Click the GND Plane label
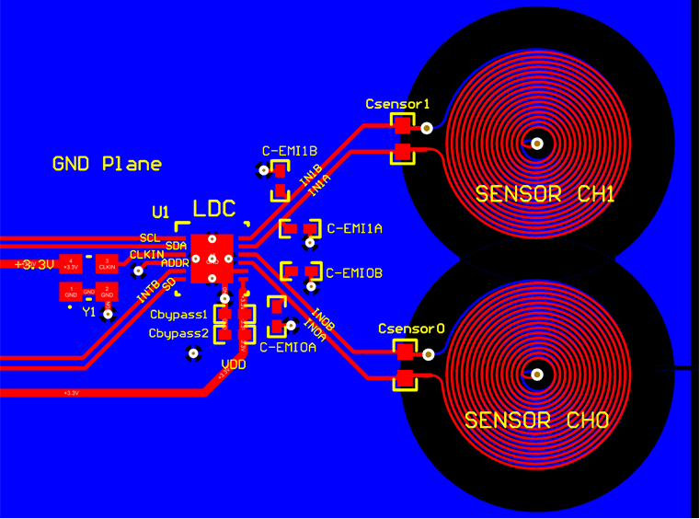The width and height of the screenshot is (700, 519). (107, 165)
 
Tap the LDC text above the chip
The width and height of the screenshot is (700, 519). (213, 209)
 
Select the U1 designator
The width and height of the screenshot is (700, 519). (161, 213)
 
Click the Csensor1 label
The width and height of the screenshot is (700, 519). (397, 104)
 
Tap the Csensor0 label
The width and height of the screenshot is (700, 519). (411, 329)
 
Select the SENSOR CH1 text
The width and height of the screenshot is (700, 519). (545, 194)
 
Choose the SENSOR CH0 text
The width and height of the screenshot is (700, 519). (536, 421)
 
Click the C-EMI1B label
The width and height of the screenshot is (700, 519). (290, 150)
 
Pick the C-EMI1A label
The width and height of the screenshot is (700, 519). (355, 227)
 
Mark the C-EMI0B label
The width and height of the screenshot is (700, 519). (355, 273)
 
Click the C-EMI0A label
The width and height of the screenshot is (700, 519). (288, 348)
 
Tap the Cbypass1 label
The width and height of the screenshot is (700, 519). (178, 315)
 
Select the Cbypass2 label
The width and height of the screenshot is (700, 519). (178, 333)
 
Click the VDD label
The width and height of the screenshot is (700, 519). (234, 364)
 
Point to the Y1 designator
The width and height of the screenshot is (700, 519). (89, 312)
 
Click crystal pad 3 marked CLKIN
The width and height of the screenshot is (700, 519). (107, 264)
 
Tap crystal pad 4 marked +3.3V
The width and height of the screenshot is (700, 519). (71, 264)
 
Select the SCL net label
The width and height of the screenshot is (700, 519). (149, 236)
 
